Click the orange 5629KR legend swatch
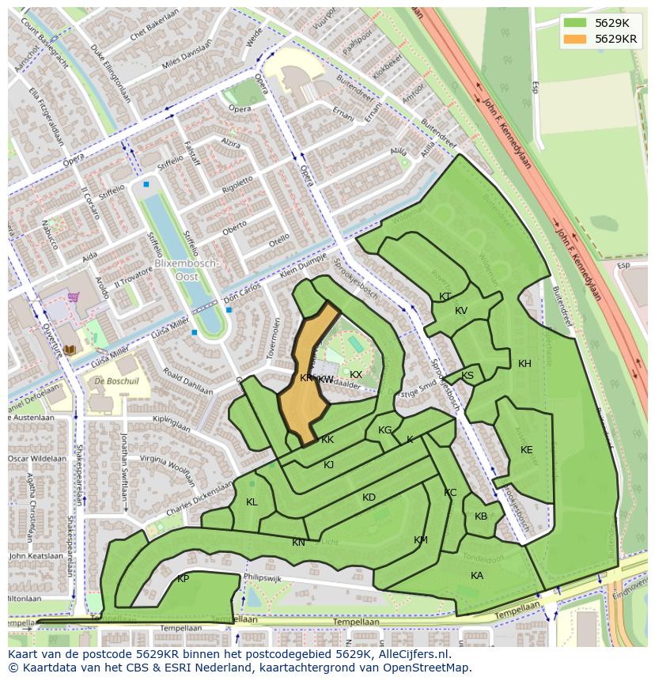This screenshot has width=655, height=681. (577, 38)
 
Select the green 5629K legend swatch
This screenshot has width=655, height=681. (577, 22)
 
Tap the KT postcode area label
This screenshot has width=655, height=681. (445, 297)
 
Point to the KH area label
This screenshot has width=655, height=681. (524, 364)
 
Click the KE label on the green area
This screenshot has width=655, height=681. (526, 450)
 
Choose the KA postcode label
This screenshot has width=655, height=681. (476, 576)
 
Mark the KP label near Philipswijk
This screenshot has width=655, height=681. (183, 579)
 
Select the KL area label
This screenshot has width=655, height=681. (252, 502)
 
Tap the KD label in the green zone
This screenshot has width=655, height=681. (369, 498)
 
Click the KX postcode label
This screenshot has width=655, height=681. (356, 375)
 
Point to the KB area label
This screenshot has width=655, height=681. (481, 516)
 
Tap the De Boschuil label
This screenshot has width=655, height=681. (116, 380)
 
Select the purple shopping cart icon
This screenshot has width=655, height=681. (74, 297)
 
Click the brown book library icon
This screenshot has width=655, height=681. (69, 349)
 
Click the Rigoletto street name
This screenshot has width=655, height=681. (237, 184)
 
